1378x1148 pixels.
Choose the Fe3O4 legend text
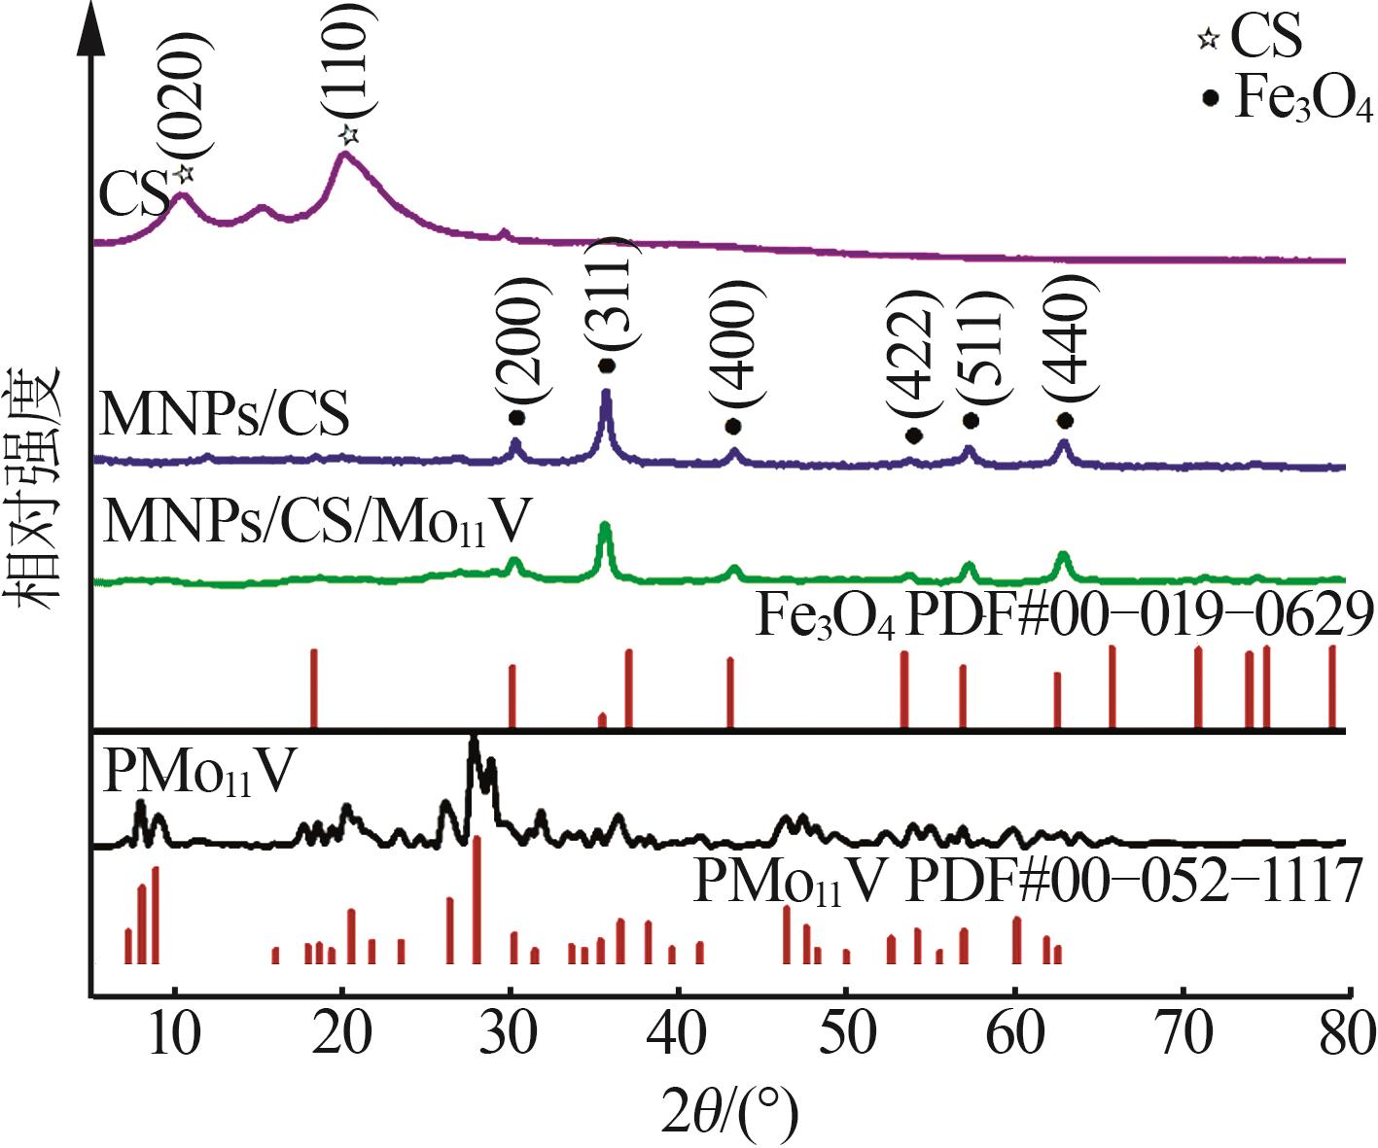click(x=1302, y=97)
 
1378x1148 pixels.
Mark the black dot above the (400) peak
click(x=733, y=427)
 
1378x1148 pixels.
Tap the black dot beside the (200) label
click(x=516, y=418)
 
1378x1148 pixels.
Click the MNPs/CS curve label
click(x=225, y=415)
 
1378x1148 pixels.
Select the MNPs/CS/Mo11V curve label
click(x=316, y=524)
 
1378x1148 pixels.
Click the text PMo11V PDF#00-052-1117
click(x=1025, y=882)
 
